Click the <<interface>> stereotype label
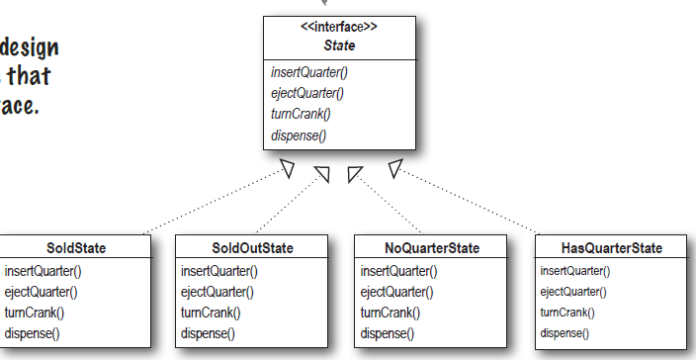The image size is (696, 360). (338, 27)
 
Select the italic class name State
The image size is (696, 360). (338, 45)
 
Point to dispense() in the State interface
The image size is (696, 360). (298, 135)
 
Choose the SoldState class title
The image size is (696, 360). (76, 247)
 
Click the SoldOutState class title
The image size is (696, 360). (253, 247)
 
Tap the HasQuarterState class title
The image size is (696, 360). (611, 247)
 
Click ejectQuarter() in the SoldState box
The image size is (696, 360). (41, 292)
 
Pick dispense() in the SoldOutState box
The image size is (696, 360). (208, 333)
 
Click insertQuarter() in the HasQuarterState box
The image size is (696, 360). (575, 271)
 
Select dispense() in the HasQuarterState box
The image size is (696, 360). (565, 333)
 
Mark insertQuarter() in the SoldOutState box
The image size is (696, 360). (218, 271)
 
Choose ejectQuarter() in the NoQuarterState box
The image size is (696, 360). (397, 292)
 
